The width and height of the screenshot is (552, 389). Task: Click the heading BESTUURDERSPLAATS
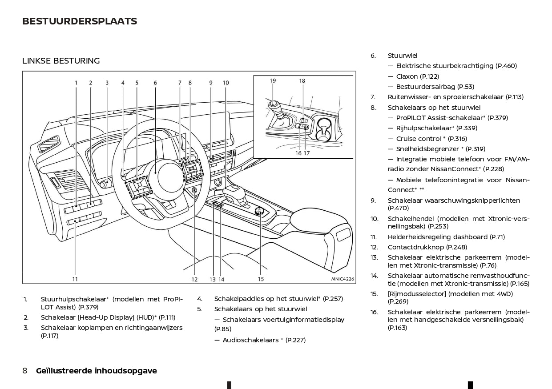pyautogui.click(x=80, y=21)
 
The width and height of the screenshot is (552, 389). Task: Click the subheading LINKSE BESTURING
pyautogui.click(x=61, y=61)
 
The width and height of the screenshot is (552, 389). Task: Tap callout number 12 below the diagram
pyautogui.click(x=194, y=280)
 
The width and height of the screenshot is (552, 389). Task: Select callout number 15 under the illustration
pyautogui.click(x=261, y=279)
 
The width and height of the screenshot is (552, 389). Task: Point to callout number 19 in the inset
pyautogui.click(x=273, y=81)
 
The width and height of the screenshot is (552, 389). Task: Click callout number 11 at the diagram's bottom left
pyautogui.click(x=75, y=279)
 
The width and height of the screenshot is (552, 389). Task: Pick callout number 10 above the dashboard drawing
pyautogui.click(x=226, y=83)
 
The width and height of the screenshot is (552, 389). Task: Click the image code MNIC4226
pyautogui.click(x=342, y=279)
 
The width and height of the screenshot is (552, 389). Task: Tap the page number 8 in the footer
pyautogui.click(x=25, y=371)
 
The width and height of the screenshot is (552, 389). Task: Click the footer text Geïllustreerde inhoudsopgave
pyautogui.click(x=97, y=371)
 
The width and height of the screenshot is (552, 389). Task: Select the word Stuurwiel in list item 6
pyautogui.click(x=403, y=56)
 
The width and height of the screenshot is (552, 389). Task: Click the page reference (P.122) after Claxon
pyautogui.click(x=430, y=76)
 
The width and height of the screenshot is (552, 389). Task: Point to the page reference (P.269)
pyautogui.click(x=398, y=301)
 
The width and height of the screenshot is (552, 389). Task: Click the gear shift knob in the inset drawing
pyautogui.click(x=274, y=106)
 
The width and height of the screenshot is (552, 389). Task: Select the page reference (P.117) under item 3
pyautogui.click(x=49, y=336)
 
